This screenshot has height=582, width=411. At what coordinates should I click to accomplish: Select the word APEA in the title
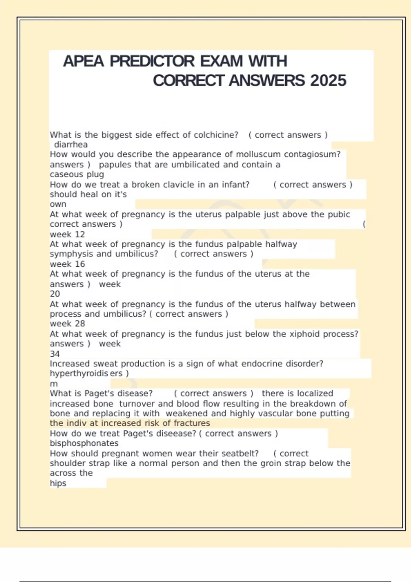tap(83, 62)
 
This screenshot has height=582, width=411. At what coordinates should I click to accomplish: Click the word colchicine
tap(216, 135)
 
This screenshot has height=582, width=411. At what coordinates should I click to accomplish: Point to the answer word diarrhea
tap(71, 144)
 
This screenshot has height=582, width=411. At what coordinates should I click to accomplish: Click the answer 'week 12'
tap(67, 235)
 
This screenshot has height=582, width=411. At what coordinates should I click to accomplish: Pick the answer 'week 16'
tap(67, 264)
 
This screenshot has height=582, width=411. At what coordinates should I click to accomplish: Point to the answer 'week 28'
tap(67, 324)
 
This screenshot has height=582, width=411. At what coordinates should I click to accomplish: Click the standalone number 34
tap(55, 354)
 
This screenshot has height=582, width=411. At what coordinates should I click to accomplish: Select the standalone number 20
tap(55, 294)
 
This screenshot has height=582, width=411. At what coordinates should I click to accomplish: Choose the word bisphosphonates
tap(84, 443)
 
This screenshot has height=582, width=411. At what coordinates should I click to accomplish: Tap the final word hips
tap(58, 483)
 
